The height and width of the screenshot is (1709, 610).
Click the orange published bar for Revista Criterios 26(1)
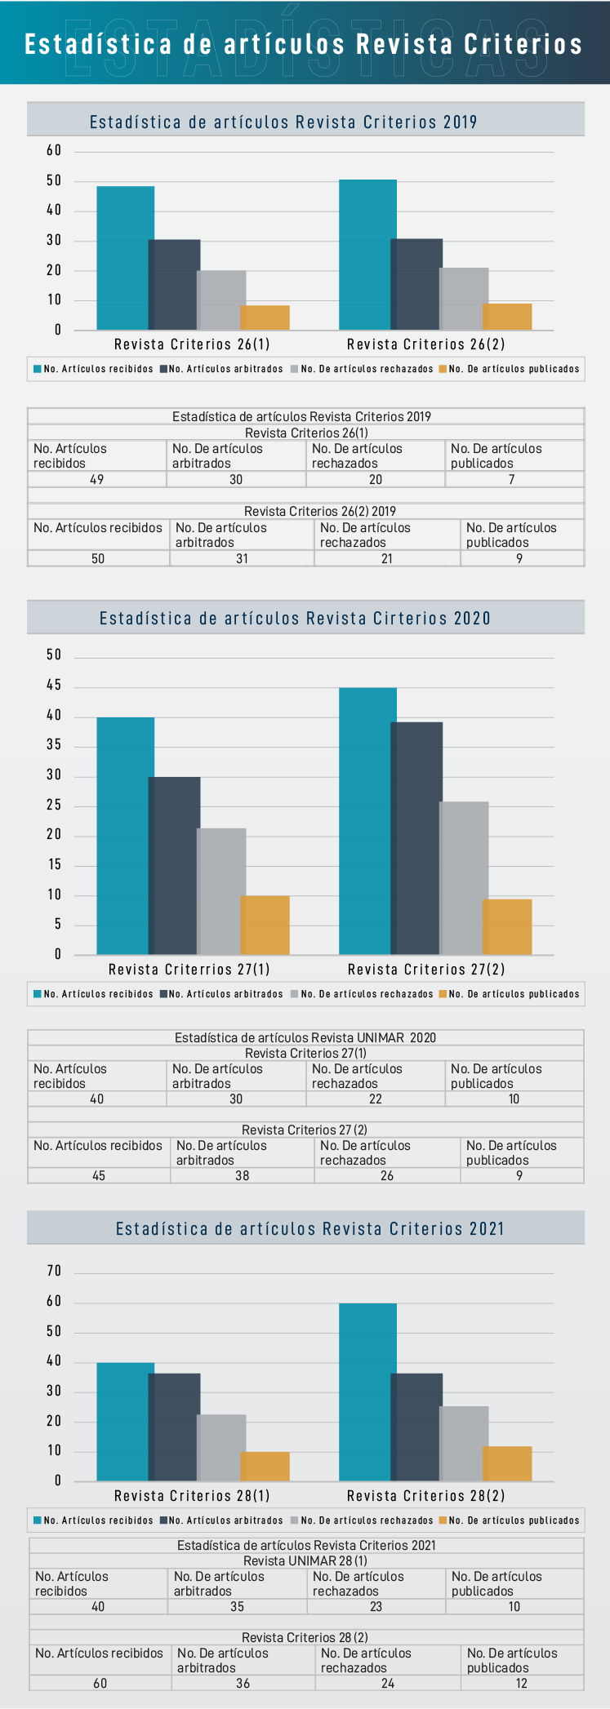click(x=265, y=317)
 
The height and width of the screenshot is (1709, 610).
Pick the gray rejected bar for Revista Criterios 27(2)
click(x=465, y=877)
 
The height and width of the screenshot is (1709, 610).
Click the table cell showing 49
click(x=96, y=480)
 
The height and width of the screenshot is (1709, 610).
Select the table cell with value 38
click(x=242, y=1176)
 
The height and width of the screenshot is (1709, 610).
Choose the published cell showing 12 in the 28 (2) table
click(x=521, y=1683)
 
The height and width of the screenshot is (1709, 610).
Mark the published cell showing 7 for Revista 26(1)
click(x=512, y=480)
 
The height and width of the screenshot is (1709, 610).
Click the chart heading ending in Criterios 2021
click(x=309, y=1229)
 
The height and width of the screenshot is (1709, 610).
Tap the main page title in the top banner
click(x=304, y=44)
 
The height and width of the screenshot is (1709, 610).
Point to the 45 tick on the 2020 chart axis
click(x=54, y=686)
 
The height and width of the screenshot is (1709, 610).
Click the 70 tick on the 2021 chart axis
click(x=54, y=1271)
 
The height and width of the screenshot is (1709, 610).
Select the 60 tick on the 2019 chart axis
click(x=54, y=150)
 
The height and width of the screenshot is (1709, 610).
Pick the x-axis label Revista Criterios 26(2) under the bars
click(x=425, y=344)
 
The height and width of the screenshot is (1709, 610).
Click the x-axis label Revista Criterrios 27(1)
click(x=189, y=970)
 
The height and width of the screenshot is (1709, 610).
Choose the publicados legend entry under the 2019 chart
click(x=510, y=369)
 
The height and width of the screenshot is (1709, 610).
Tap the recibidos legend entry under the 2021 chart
click(x=93, y=1520)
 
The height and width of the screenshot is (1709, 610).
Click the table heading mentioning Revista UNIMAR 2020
click(x=305, y=1038)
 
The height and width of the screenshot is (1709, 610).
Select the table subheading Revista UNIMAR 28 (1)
click(x=305, y=1561)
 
